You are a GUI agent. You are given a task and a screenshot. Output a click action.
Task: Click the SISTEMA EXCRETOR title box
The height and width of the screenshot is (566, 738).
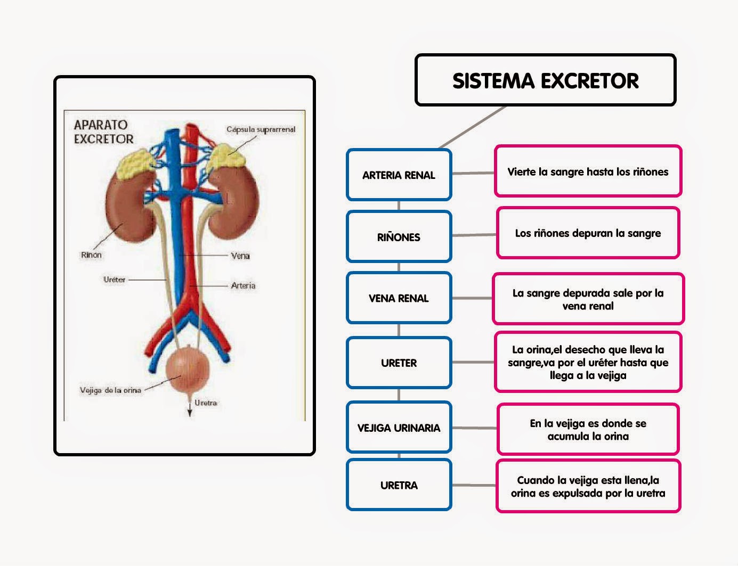pyautogui.click(x=545, y=80)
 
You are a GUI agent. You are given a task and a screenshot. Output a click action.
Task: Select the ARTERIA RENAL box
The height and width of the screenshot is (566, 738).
pyautogui.click(x=399, y=175)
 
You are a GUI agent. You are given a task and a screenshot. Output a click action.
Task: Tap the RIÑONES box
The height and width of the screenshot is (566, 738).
pyautogui.click(x=399, y=237)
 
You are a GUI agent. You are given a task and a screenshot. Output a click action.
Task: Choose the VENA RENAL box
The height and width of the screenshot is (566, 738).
pyautogui.click(x=399, y=298)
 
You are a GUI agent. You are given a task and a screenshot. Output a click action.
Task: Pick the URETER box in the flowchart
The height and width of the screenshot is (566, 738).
pyautogui.click(x=399, y=363)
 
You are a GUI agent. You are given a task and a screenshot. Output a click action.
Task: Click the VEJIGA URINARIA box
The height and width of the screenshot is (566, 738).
pyautogui.click(x=399, y=428)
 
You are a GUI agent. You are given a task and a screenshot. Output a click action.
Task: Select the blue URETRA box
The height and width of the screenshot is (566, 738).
pyautogui.click(x=399, y=485)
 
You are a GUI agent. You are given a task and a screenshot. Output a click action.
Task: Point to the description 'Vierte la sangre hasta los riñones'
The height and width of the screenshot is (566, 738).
pyautogui.click(x=588, y=171)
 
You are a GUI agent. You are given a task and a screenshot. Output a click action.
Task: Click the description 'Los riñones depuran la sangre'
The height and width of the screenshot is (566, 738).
pyautogui.click(x=588, y=233)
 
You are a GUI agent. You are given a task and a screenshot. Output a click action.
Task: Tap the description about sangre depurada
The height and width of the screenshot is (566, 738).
pyautogui.click(x=588, y=299)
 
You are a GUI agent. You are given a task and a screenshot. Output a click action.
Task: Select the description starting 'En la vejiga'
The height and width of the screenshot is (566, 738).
pyautogui.click(x=588, y=430)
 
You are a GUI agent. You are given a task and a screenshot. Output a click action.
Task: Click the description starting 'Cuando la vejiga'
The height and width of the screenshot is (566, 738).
pyautogui.click(x=588, y=486)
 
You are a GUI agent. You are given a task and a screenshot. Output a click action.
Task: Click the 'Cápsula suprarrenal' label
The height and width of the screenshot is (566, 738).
pyautogui.click(x=261, y=129)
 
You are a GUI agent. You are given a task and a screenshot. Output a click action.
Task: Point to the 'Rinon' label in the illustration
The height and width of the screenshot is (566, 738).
pyautogui.click(x=91, y=255)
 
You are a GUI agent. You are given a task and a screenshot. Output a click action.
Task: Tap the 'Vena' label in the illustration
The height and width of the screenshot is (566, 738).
pyautogui.click(x=240, y=256)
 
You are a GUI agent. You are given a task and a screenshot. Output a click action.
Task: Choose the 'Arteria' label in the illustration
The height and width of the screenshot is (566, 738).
pyautogui.click(x=243, y=285)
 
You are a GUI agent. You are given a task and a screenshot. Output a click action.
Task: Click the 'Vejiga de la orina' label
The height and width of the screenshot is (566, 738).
pyautogui.click(x=110, y=390)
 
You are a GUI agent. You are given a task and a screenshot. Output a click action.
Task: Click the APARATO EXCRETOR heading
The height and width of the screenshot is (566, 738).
pyautogui.click(x=103, y=132)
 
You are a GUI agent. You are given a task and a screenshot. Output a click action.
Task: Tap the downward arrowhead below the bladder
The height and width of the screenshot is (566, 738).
pyautogui.click(x=189, y=413)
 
